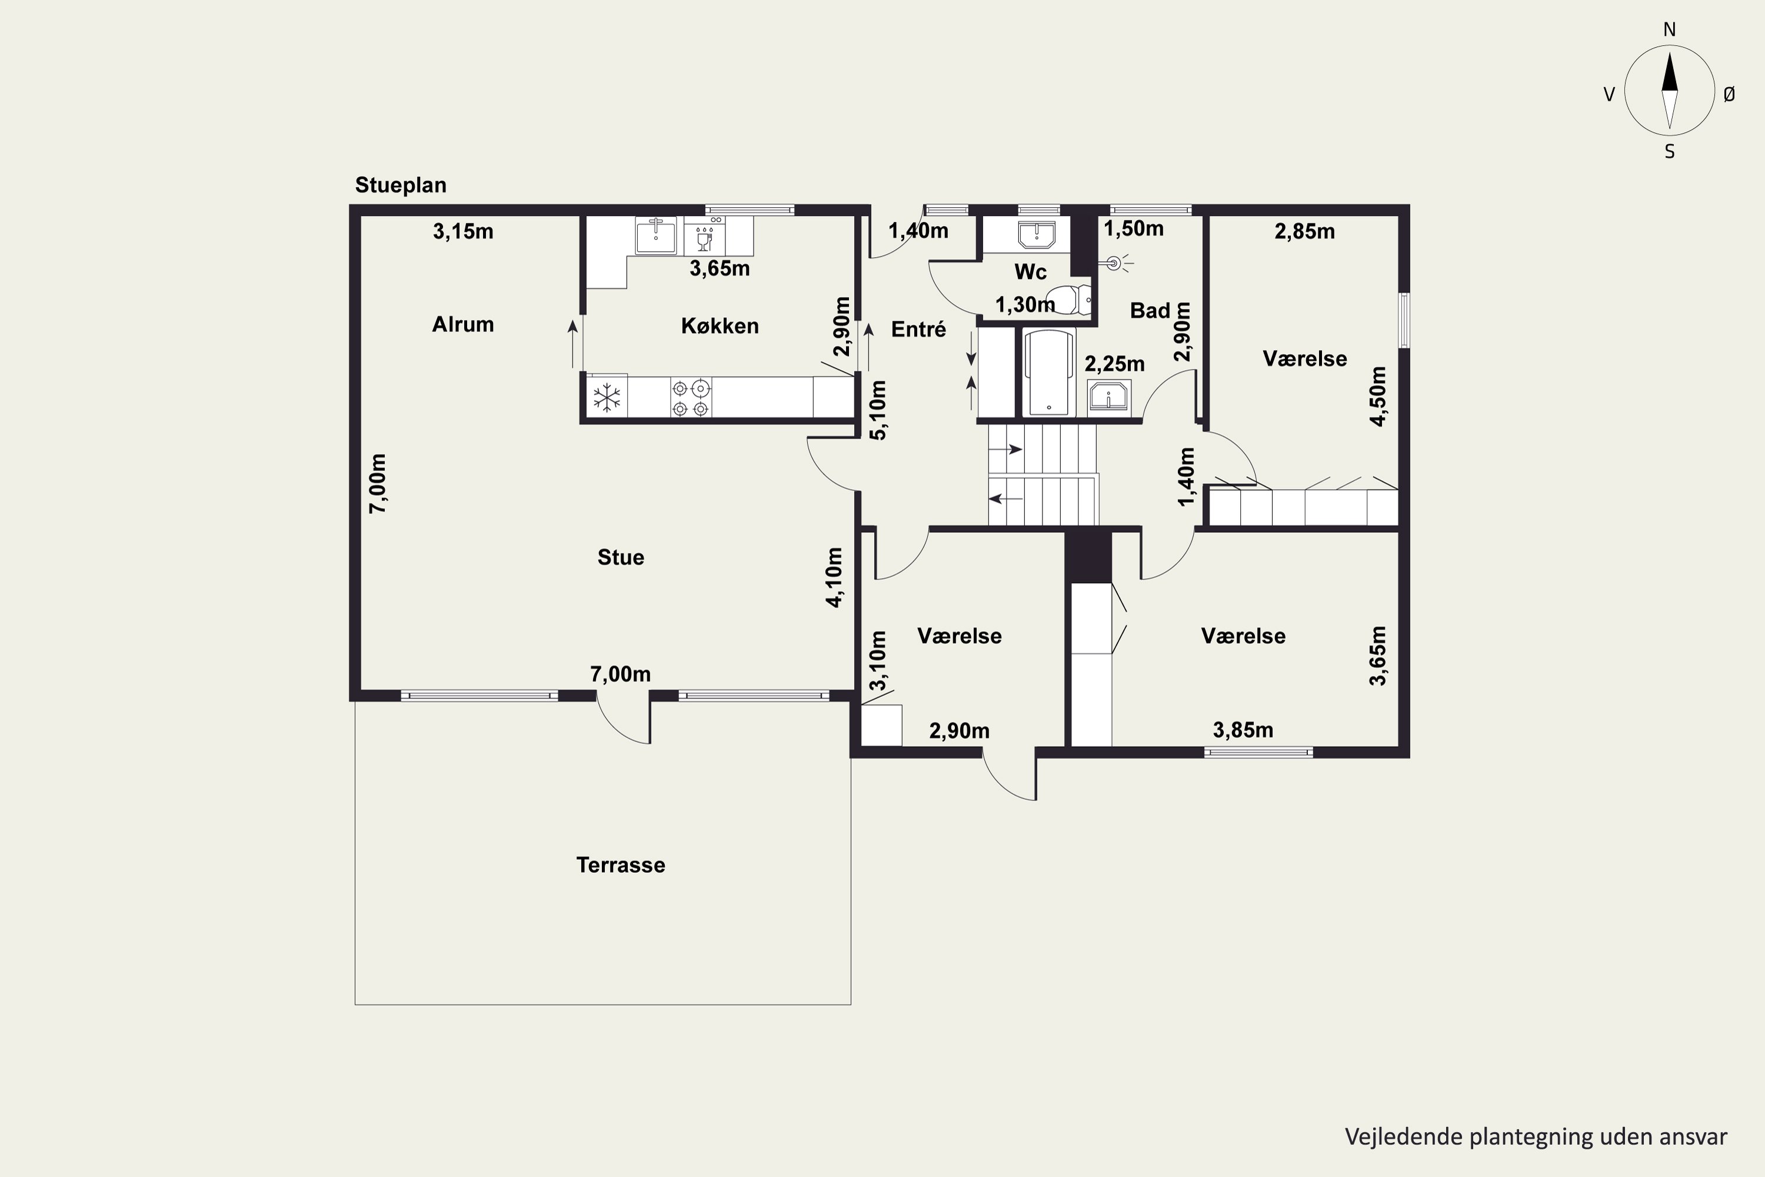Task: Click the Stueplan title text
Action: [x=401, y=185]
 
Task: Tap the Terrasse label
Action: [x=621, y=865]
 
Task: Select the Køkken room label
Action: [x=720, y=326]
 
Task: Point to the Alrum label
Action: [x=463, y=324]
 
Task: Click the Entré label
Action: [x=918, y=329]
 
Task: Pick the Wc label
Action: [x=1030, y=272]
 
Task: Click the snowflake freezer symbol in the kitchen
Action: [x=607, y=398]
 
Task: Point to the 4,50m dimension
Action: [x=1378, y=396]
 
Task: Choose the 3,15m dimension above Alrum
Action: [x=463, y=231]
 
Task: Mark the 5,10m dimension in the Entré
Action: [x=877, y=410]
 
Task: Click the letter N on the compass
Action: [x=1670, y=29]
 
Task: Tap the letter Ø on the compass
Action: [x=1729, y=94]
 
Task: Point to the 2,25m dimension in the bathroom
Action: [x=1114, y=364]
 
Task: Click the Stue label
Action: [x=621, y=557]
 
